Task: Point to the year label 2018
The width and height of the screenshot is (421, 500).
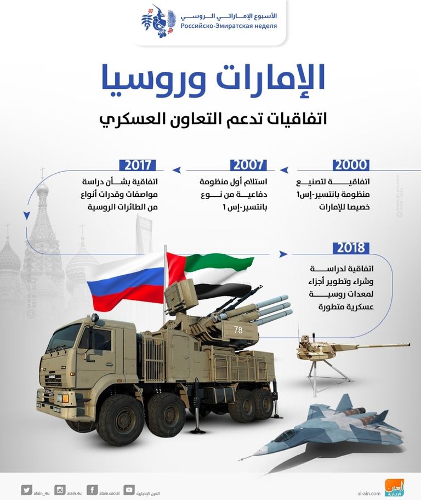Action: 351,248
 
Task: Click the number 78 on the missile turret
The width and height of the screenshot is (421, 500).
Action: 238,330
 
